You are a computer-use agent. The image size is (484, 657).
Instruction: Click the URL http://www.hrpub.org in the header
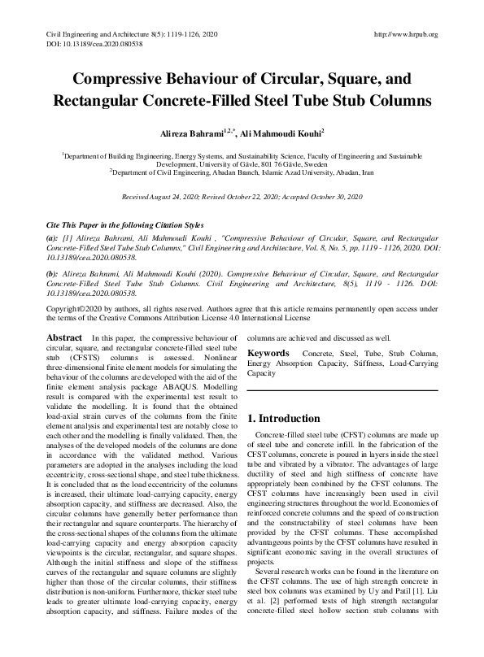405,35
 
